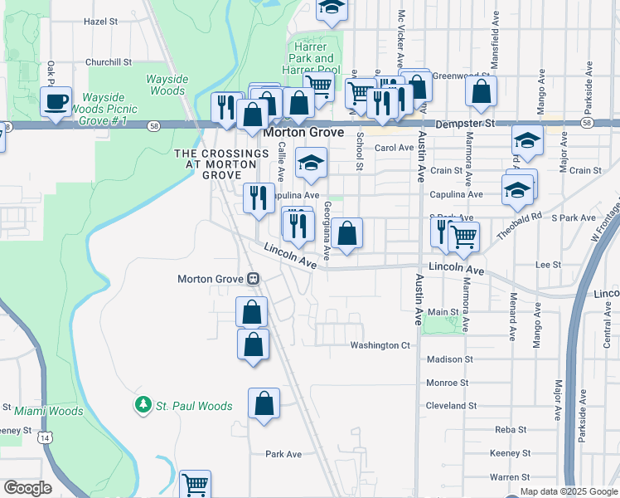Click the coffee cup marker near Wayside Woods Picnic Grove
56,102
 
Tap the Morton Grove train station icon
253,279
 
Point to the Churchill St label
109,62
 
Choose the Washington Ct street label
380,345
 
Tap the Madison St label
449,359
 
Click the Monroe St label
447,383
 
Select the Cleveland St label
451,406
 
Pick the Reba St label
506,429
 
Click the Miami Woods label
49,411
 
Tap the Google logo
27,488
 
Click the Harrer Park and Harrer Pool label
313,59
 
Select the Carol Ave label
394,148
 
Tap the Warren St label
509,477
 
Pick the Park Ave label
283,454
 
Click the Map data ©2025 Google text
569,491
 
